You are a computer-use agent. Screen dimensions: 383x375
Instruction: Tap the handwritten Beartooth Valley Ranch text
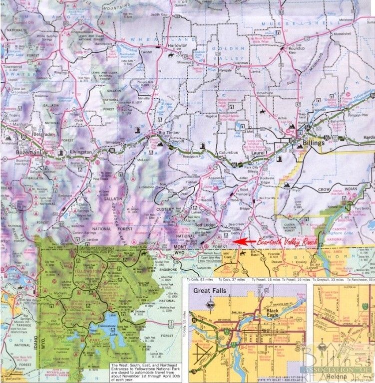coord(287,241)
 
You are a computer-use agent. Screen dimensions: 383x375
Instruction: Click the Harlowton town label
coord(176,45)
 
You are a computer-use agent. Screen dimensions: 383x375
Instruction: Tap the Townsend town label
coord(12,66)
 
